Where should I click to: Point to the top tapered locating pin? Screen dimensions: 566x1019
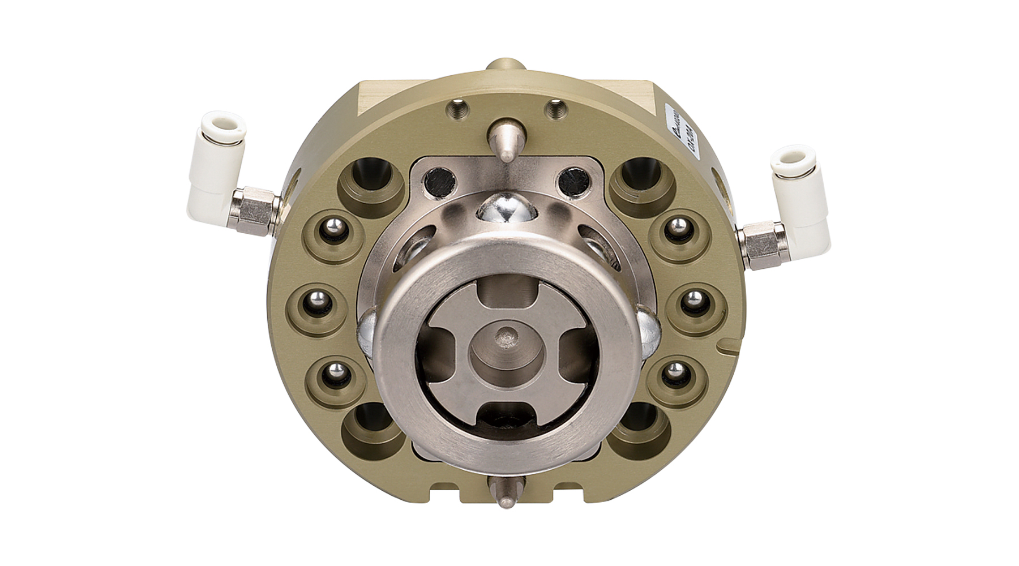[507, 139]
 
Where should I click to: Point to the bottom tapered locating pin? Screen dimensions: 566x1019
[506, 490]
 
